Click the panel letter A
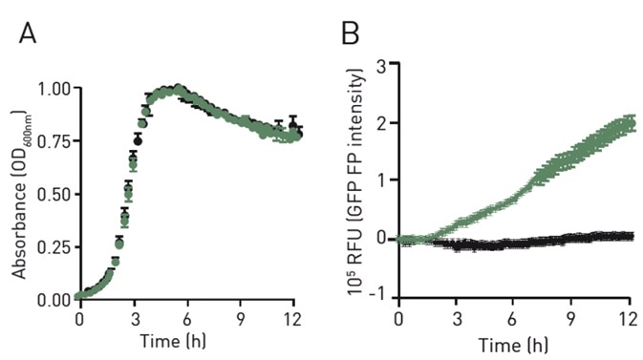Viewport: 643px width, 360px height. pyautogui.click(x=30, y=35)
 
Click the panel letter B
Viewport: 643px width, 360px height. pyautogui.click(x=351, y=35)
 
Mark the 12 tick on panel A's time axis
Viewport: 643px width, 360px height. pyautogui.click(x=298, y=318)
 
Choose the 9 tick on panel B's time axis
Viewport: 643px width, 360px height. pyautogui.click(x=571, y=318)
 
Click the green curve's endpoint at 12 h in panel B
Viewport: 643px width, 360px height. pyautogui.click(x=629, y=123)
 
